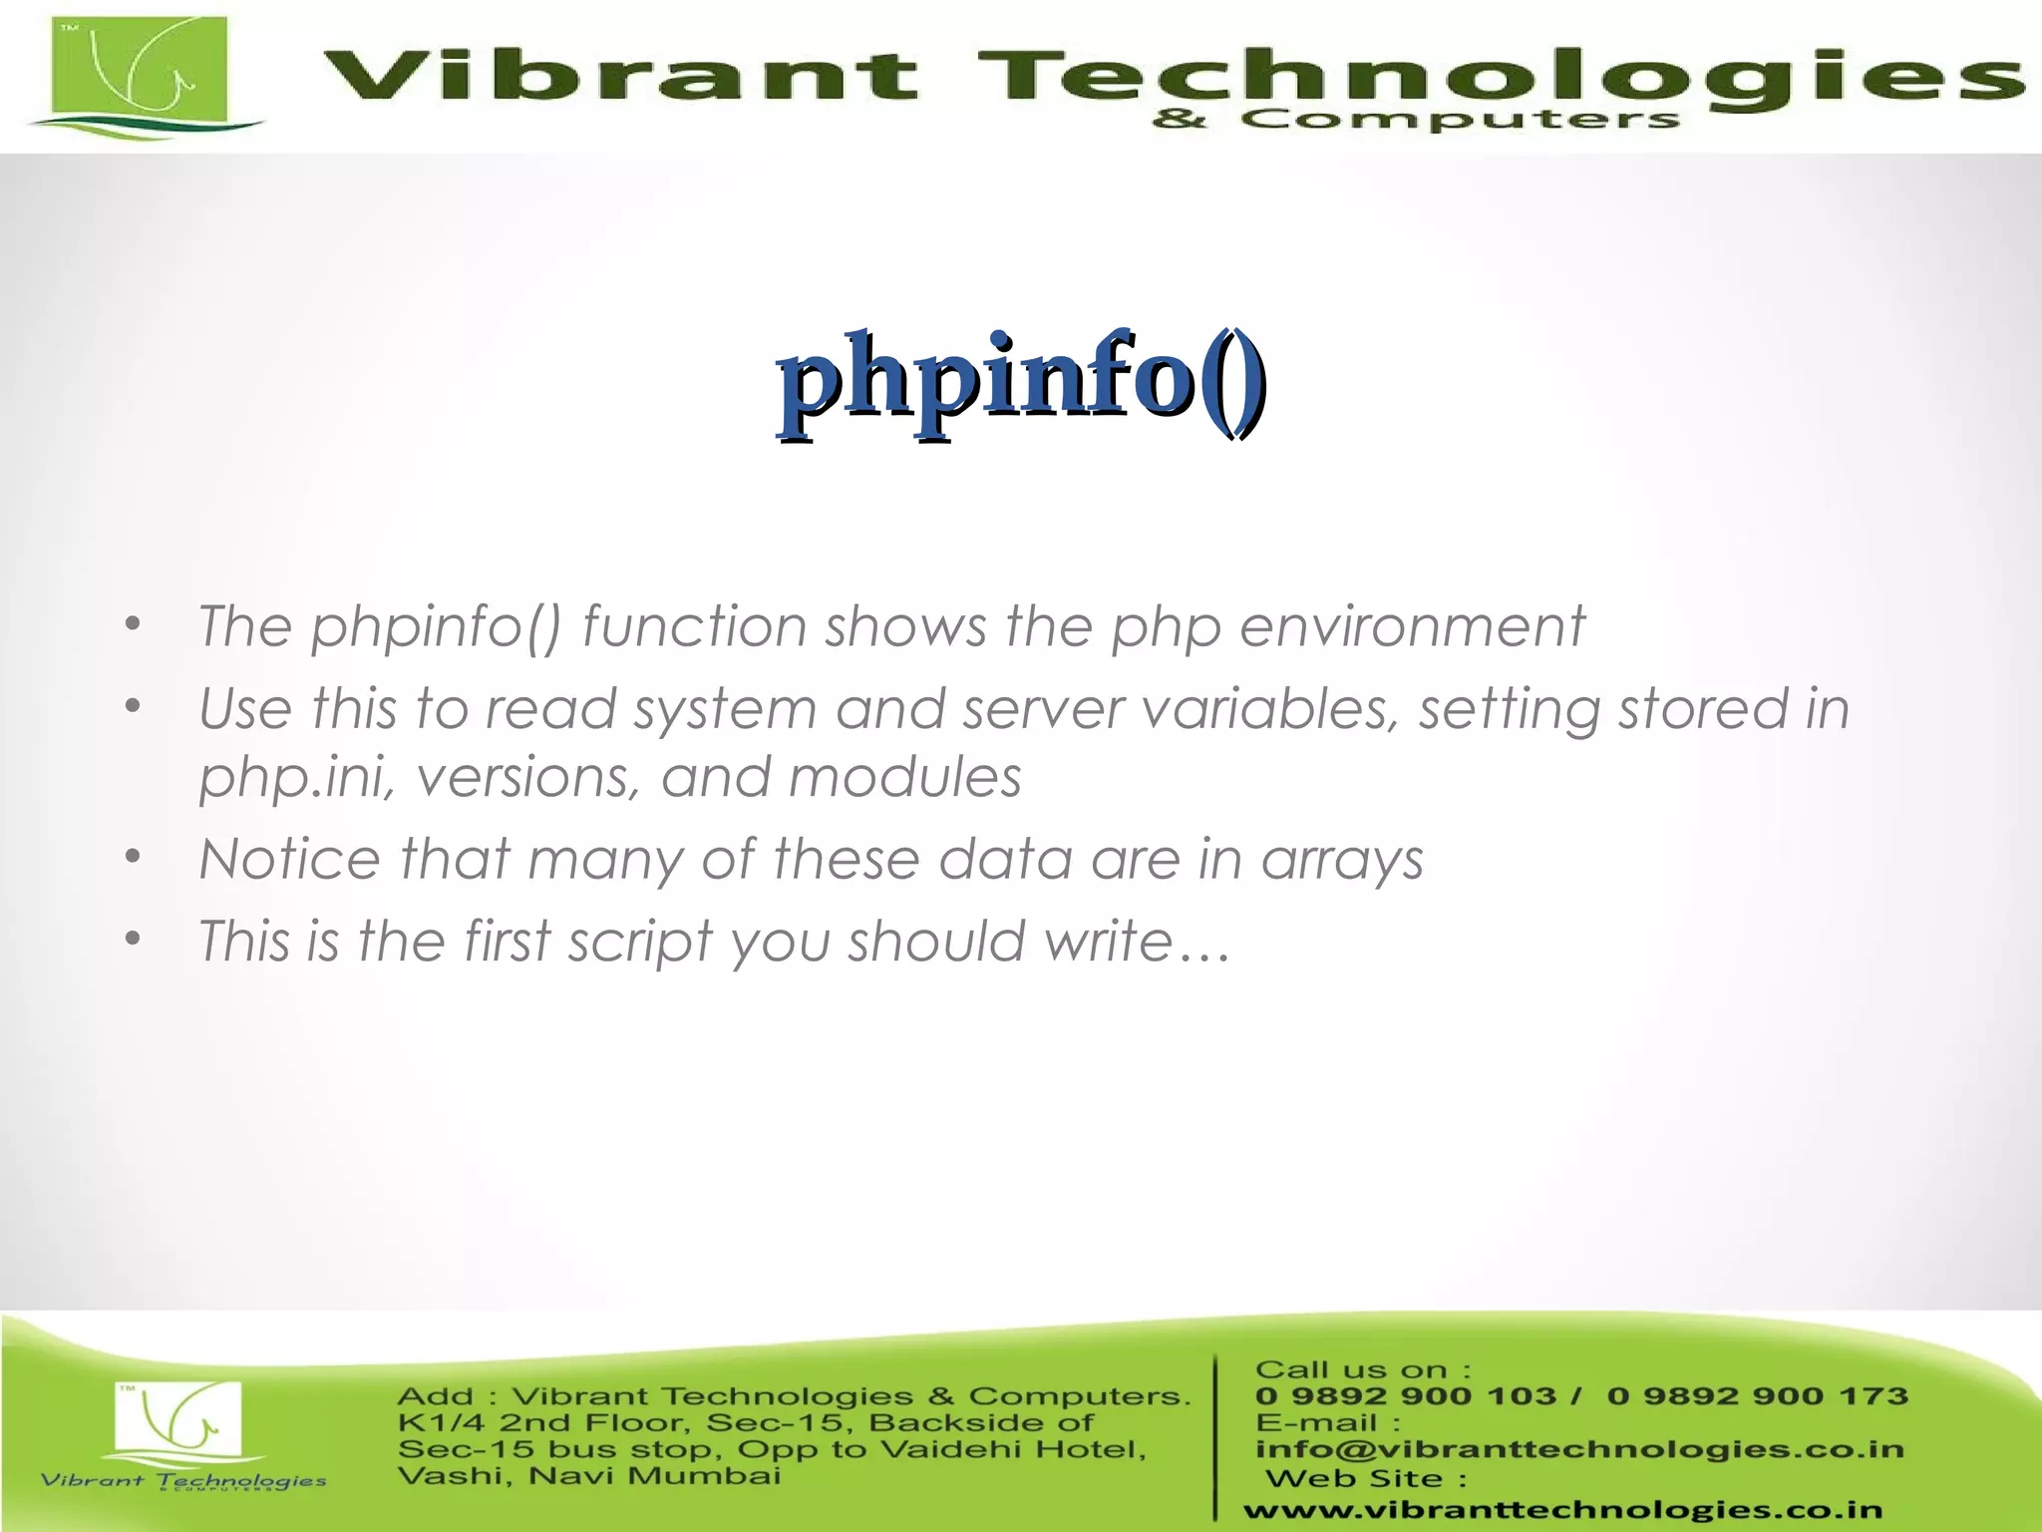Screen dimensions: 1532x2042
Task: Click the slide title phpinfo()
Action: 1022,383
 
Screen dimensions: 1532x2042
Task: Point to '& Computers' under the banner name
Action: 1415,121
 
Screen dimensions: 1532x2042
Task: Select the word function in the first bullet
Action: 693,627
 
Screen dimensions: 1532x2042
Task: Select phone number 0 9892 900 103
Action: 1405,1395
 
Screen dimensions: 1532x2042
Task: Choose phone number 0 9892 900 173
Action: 1757,1395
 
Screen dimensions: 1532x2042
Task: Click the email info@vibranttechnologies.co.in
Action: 1579,1448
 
